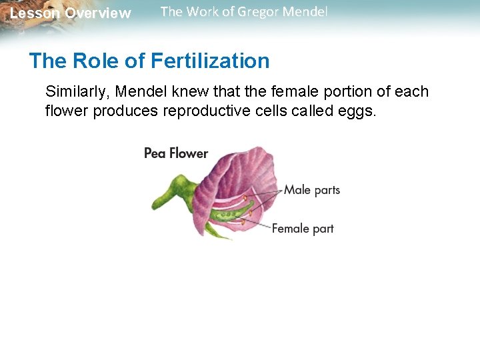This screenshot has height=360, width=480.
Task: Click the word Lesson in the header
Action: tap(35, 13)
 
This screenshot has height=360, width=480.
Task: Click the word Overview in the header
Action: tap(98, 13)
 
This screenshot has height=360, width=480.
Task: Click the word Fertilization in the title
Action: tap(210, 61)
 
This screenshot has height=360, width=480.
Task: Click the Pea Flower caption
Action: tap(176, 153)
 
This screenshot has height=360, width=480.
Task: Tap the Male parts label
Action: tap(312, 190)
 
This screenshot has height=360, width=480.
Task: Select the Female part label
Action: tap(303, 229)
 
